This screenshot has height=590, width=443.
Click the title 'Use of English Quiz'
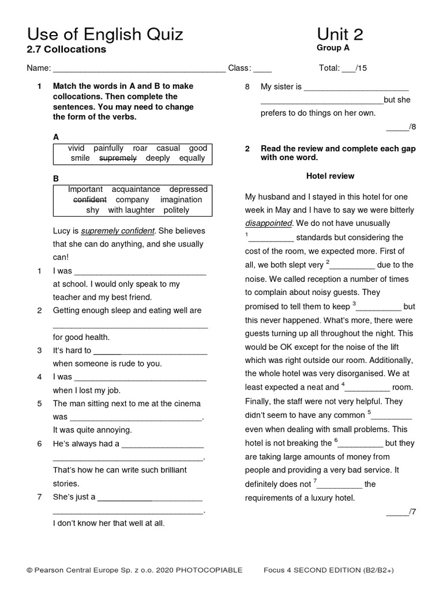tap(105, 35)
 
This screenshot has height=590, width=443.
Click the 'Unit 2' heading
tap(340, 35)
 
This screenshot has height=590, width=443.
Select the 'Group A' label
tap(333, 48)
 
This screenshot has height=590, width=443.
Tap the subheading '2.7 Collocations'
tap(66, 50)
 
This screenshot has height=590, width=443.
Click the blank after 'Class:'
tap(262, 69)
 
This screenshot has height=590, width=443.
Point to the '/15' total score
tap(361, 68)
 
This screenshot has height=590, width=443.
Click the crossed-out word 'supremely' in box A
tap(118, 158)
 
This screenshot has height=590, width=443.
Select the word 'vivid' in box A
tap(76, 148)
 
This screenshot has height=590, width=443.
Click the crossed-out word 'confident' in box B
tap(90, 199)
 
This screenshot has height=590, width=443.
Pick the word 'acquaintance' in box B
tap(136, 189)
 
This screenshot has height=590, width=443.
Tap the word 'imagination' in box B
tap(181, 199)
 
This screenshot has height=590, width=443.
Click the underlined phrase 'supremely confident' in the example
tap(118, 231)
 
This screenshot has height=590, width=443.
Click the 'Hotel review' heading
tap(330, 176)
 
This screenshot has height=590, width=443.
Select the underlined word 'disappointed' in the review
tap(269, 223)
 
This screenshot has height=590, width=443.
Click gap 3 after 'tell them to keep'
tap(380, 307)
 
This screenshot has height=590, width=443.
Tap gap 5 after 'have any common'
tap(392, 415)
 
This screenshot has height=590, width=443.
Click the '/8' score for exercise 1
tap(412, 127)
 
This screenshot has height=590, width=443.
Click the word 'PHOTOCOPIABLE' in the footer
tap(209, 570)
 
